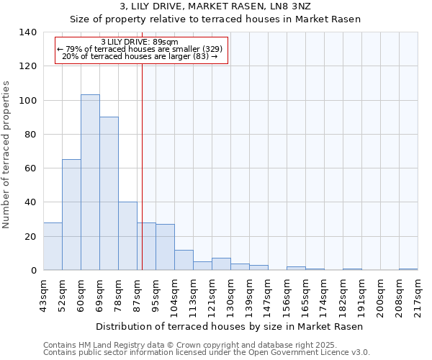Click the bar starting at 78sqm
point(127,236)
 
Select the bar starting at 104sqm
point(184,260)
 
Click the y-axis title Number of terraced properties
point(6,155)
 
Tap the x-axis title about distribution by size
point(229,326)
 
